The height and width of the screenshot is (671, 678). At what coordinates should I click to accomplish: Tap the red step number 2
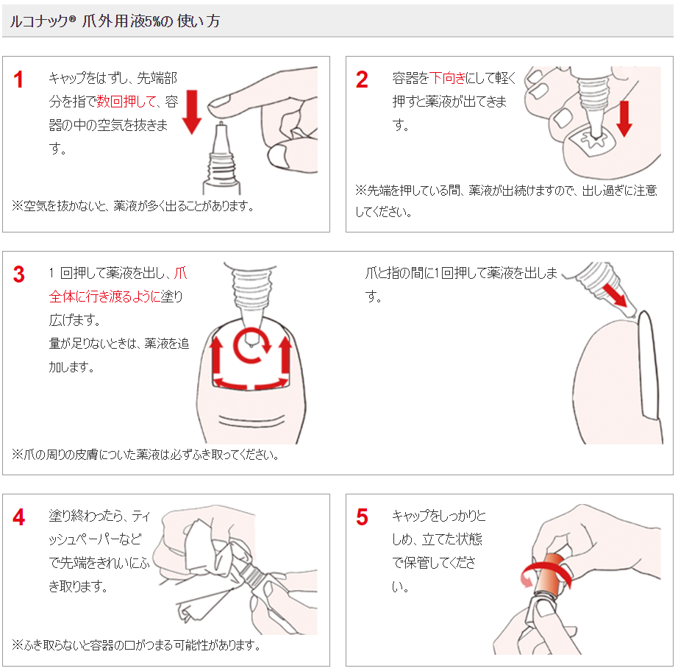pyautogui.click(x=362, y=79)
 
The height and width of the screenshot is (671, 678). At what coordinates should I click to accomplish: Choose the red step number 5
pyautogui.click(x=362, y=517)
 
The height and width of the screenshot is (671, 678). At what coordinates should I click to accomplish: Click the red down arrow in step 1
pyautogui.click(x=190, y=111)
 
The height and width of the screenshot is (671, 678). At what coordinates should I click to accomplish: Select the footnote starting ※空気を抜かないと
pyautogui.click(x=132, y=205)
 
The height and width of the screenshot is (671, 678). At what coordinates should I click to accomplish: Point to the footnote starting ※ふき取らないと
pyautogui.click(x=136, y=645)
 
